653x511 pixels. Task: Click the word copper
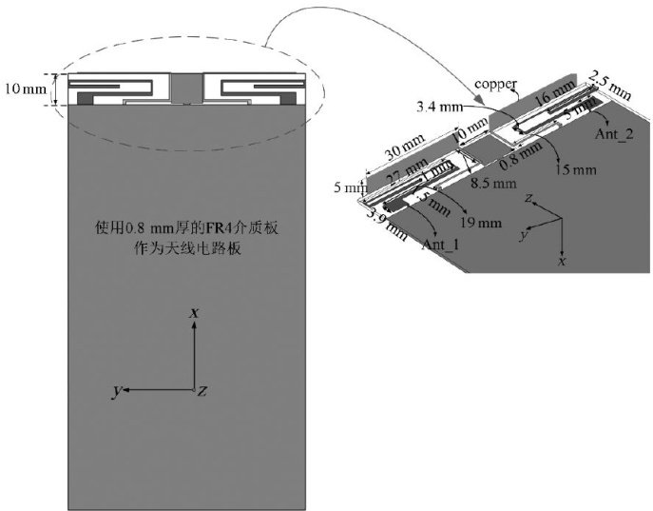click(x=496, y=84)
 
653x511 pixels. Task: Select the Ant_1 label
click(x=440, y=244)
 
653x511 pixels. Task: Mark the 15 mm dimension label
click(x=577, y=170)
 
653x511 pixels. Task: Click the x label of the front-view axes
click(x=194, y=312)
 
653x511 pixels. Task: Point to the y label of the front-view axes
click(x=116, y=391)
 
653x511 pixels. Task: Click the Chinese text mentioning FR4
click(x=185, y=237)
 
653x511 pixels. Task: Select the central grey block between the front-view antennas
click(x=184, y=90)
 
